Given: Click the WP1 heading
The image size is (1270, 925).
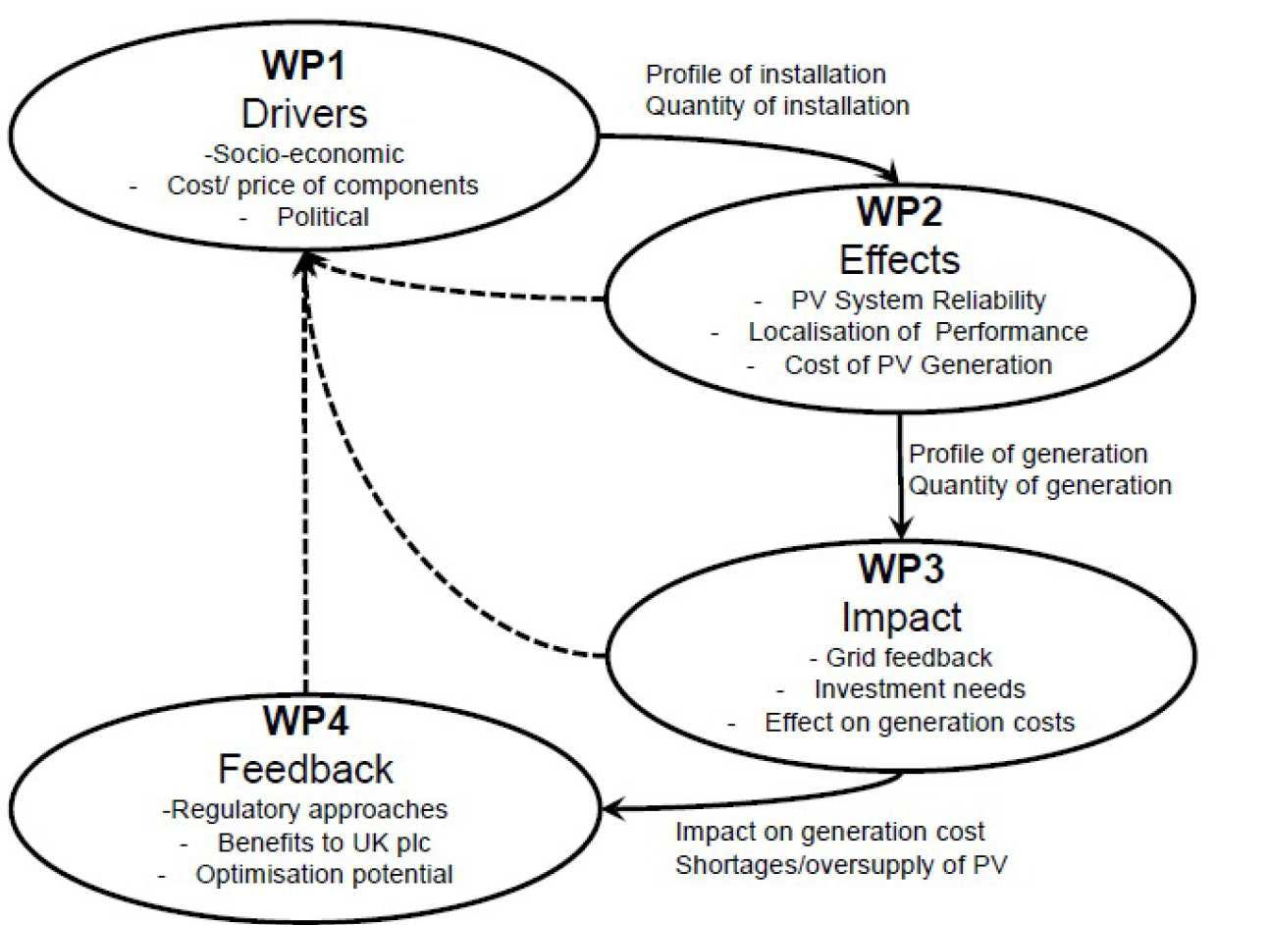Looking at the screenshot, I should click(303, 66).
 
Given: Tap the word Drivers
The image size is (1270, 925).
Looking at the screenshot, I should click(304, 114).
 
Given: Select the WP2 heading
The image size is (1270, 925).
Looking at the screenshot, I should click(899, 211).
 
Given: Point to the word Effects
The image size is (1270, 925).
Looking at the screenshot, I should click(899, 260).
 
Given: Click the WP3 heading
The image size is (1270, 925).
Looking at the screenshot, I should click(901, 569).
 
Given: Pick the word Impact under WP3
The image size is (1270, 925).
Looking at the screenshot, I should click(901, 618).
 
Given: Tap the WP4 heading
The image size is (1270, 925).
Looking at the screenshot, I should click(305, 721).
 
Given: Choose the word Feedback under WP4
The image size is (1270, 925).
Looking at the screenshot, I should click(305, 769).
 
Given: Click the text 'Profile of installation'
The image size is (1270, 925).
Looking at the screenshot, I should click(766, 75).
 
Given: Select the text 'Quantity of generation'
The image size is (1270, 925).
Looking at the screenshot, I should click(1039, 486).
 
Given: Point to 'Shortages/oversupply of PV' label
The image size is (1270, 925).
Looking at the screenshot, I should click(841, 865).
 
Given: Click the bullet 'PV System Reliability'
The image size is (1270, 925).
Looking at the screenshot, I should click(918, 299).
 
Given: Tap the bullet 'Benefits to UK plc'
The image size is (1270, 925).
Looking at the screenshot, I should click(324, 843).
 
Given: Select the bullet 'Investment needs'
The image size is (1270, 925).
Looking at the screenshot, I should click(920, 689).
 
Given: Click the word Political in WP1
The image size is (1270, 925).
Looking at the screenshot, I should click(323, 217).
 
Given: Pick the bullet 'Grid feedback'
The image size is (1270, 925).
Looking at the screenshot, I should click(909, 657).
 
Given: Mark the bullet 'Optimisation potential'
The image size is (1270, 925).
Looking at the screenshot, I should click(324, 874).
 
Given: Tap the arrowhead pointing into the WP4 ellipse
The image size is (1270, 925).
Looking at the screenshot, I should click(614, 809).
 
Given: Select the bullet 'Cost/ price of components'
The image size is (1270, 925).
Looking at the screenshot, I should click(323, 186).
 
